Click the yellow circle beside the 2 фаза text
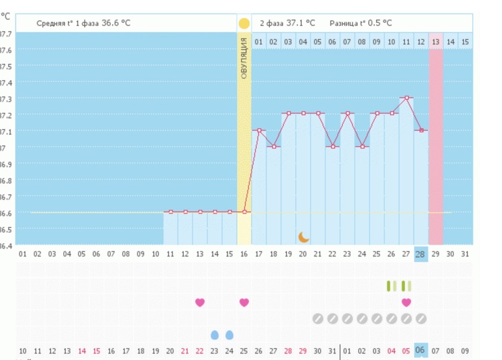244,23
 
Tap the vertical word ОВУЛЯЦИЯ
244,58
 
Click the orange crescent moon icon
303,237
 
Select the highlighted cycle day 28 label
421,254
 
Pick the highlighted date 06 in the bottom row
421,350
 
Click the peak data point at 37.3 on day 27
407,98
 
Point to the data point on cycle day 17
259,130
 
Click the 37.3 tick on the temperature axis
6,98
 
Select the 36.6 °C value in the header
115,23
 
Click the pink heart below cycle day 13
199,302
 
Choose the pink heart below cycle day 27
406,302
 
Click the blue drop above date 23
214,335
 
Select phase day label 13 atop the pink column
436,42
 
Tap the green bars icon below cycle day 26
392,286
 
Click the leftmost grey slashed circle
317,318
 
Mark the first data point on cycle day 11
171,212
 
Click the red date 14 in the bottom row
82,351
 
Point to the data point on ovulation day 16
244,212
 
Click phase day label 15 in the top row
465,42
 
